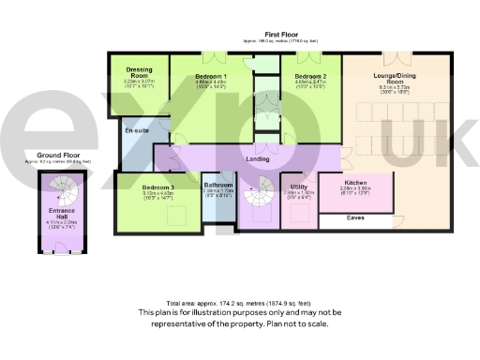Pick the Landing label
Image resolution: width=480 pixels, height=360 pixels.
tap(258, 158)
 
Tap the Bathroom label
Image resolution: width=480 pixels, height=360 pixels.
tap(218, 186)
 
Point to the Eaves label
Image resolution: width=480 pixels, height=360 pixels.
tap(355, 218)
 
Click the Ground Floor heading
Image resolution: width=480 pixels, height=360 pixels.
tap(56, 155)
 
